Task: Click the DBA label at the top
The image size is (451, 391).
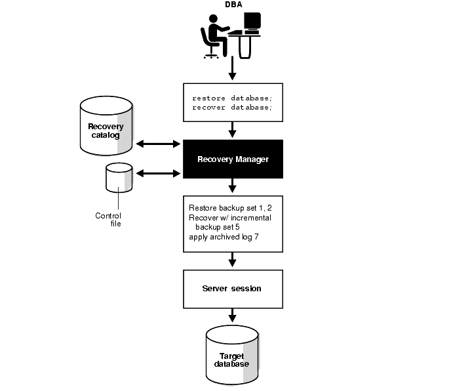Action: (233, 5)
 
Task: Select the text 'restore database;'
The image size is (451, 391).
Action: (231, 97)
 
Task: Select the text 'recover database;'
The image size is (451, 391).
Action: (231, 107)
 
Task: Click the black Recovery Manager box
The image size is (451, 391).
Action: (233, 159)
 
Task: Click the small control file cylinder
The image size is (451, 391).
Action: (119, 177)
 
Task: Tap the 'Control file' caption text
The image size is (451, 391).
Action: (108, 219)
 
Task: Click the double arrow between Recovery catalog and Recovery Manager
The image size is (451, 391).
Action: (158, 144)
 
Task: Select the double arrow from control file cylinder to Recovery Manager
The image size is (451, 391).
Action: (158, 173)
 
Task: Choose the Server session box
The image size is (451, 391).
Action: (233, 289)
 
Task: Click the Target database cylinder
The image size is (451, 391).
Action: (231, 358)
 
